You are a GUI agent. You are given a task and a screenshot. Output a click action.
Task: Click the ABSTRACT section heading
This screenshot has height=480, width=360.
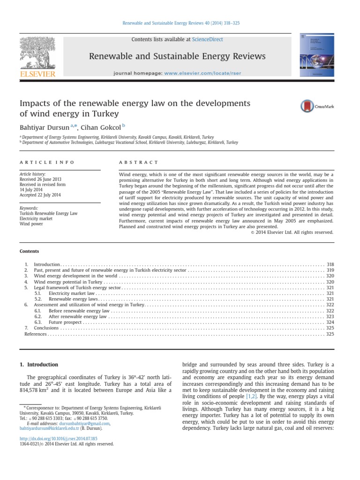[139, 162]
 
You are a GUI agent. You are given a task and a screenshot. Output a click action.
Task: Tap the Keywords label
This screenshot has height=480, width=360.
[29, 208]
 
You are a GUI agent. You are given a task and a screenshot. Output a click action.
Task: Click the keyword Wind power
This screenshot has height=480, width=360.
[31, 224]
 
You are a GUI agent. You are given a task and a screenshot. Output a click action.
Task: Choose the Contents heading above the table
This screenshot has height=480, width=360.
[29, 251]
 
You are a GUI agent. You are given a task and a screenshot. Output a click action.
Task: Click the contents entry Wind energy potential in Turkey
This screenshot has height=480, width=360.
[68, 282]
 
